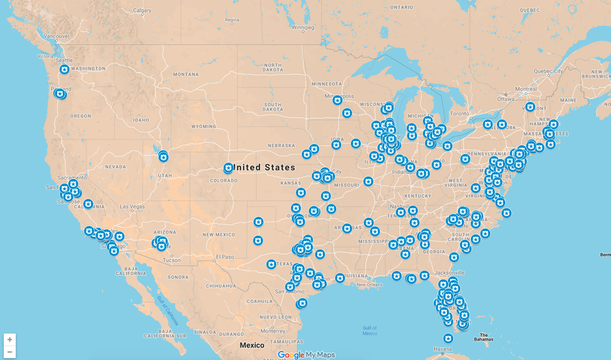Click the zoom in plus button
tap(9, 339)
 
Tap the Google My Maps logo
tap(306, 354)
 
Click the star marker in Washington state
tap(64, 69)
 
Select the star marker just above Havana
tap(448, 338)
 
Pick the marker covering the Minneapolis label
tap(337, 100)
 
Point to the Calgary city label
tap(142, 11)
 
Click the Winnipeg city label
tap(303, 27)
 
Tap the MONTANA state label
tap(186, 74)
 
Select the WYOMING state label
tap(203, 126)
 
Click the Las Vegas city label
tap(132, 207)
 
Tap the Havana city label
tap(443, 349)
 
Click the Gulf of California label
tap(168, 310)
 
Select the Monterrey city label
tap(272, 331)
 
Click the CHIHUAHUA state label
tap(221, 286)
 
